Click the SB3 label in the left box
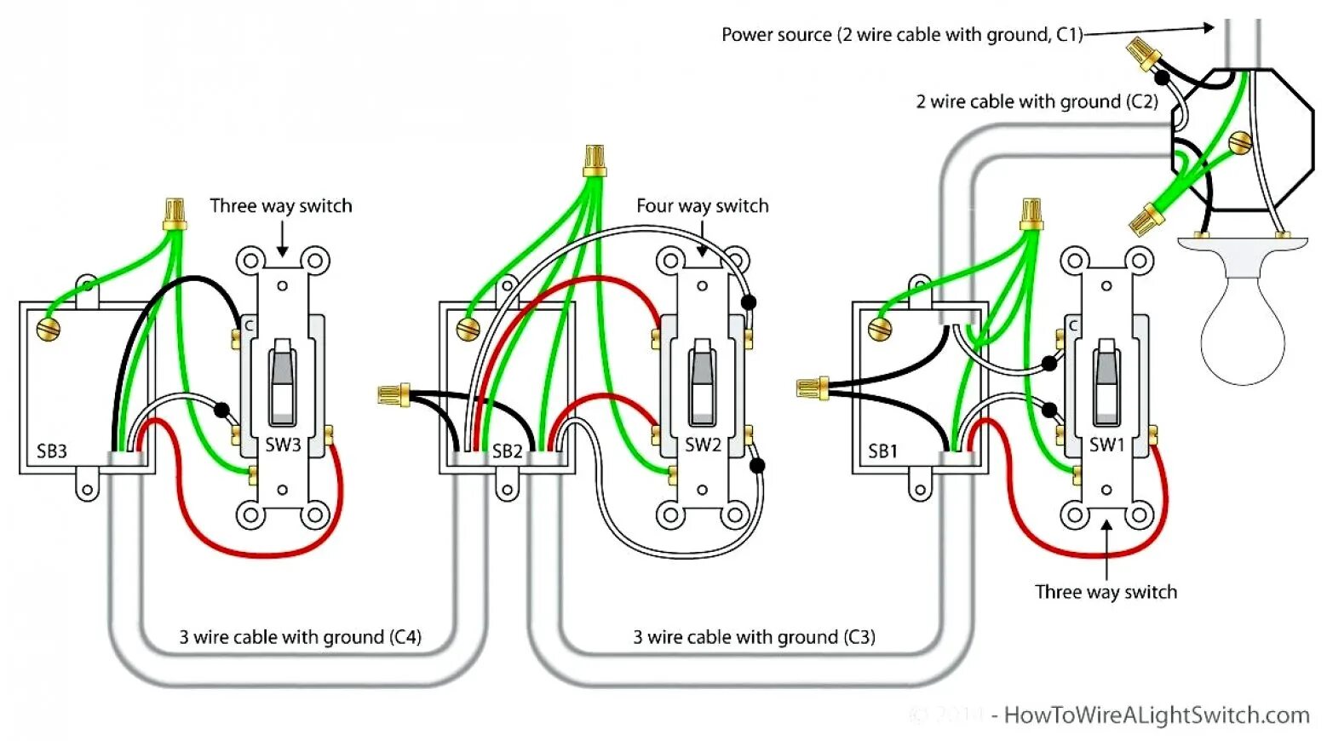pos(52,451)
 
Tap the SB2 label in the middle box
pos(507,451)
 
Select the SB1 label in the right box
pos(882,451)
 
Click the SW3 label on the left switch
pos(283,445)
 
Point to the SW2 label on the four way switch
pos(703,445)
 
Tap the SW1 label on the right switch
pos(1106,445)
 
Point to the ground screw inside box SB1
pos(880,328)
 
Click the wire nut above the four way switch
pos(595,160)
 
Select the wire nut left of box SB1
pos(812,389)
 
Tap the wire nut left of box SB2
pos(393,394)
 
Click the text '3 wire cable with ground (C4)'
pos(300,637)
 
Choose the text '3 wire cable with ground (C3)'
pos(754,637)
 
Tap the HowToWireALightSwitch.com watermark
pos(1156,715)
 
